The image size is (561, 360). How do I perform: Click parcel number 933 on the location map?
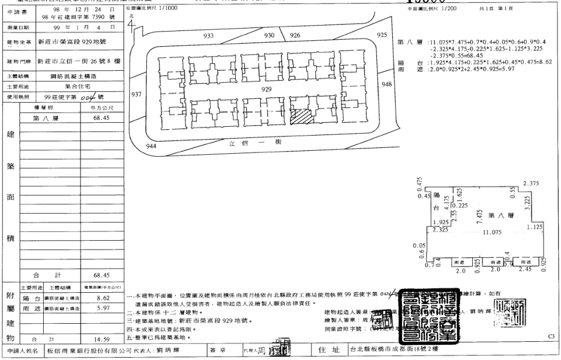[x=208, y=36]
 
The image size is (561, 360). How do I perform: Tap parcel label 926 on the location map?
[x=295, y=36]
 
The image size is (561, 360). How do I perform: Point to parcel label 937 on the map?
[x=137, y=94]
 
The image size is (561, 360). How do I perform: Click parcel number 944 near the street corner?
[x=151, y=146]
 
